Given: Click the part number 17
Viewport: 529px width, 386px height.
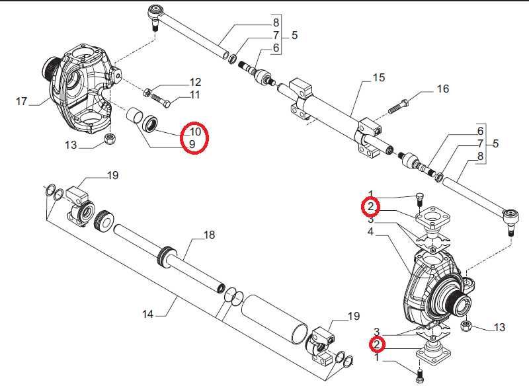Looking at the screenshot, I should coord(22,101).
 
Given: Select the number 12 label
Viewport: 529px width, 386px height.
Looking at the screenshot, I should coord(195,83).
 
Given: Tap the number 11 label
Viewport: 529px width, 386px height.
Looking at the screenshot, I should coord(195,96).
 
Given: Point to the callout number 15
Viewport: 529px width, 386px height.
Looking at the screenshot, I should coord(378,78).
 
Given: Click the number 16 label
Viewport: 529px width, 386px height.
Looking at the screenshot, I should coord(442,89).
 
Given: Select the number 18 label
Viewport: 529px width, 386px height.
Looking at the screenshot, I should coord(209,235).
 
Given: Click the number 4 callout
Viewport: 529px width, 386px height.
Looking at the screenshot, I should coord(372,232).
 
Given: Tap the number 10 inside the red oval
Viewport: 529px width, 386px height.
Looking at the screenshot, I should coord(194,132).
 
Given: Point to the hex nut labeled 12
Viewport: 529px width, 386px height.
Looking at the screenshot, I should coord(148,91).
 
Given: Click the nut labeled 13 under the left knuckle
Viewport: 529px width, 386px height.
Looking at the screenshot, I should coord(109,137).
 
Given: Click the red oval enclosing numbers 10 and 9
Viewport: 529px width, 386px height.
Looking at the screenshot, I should coord(196,137).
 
